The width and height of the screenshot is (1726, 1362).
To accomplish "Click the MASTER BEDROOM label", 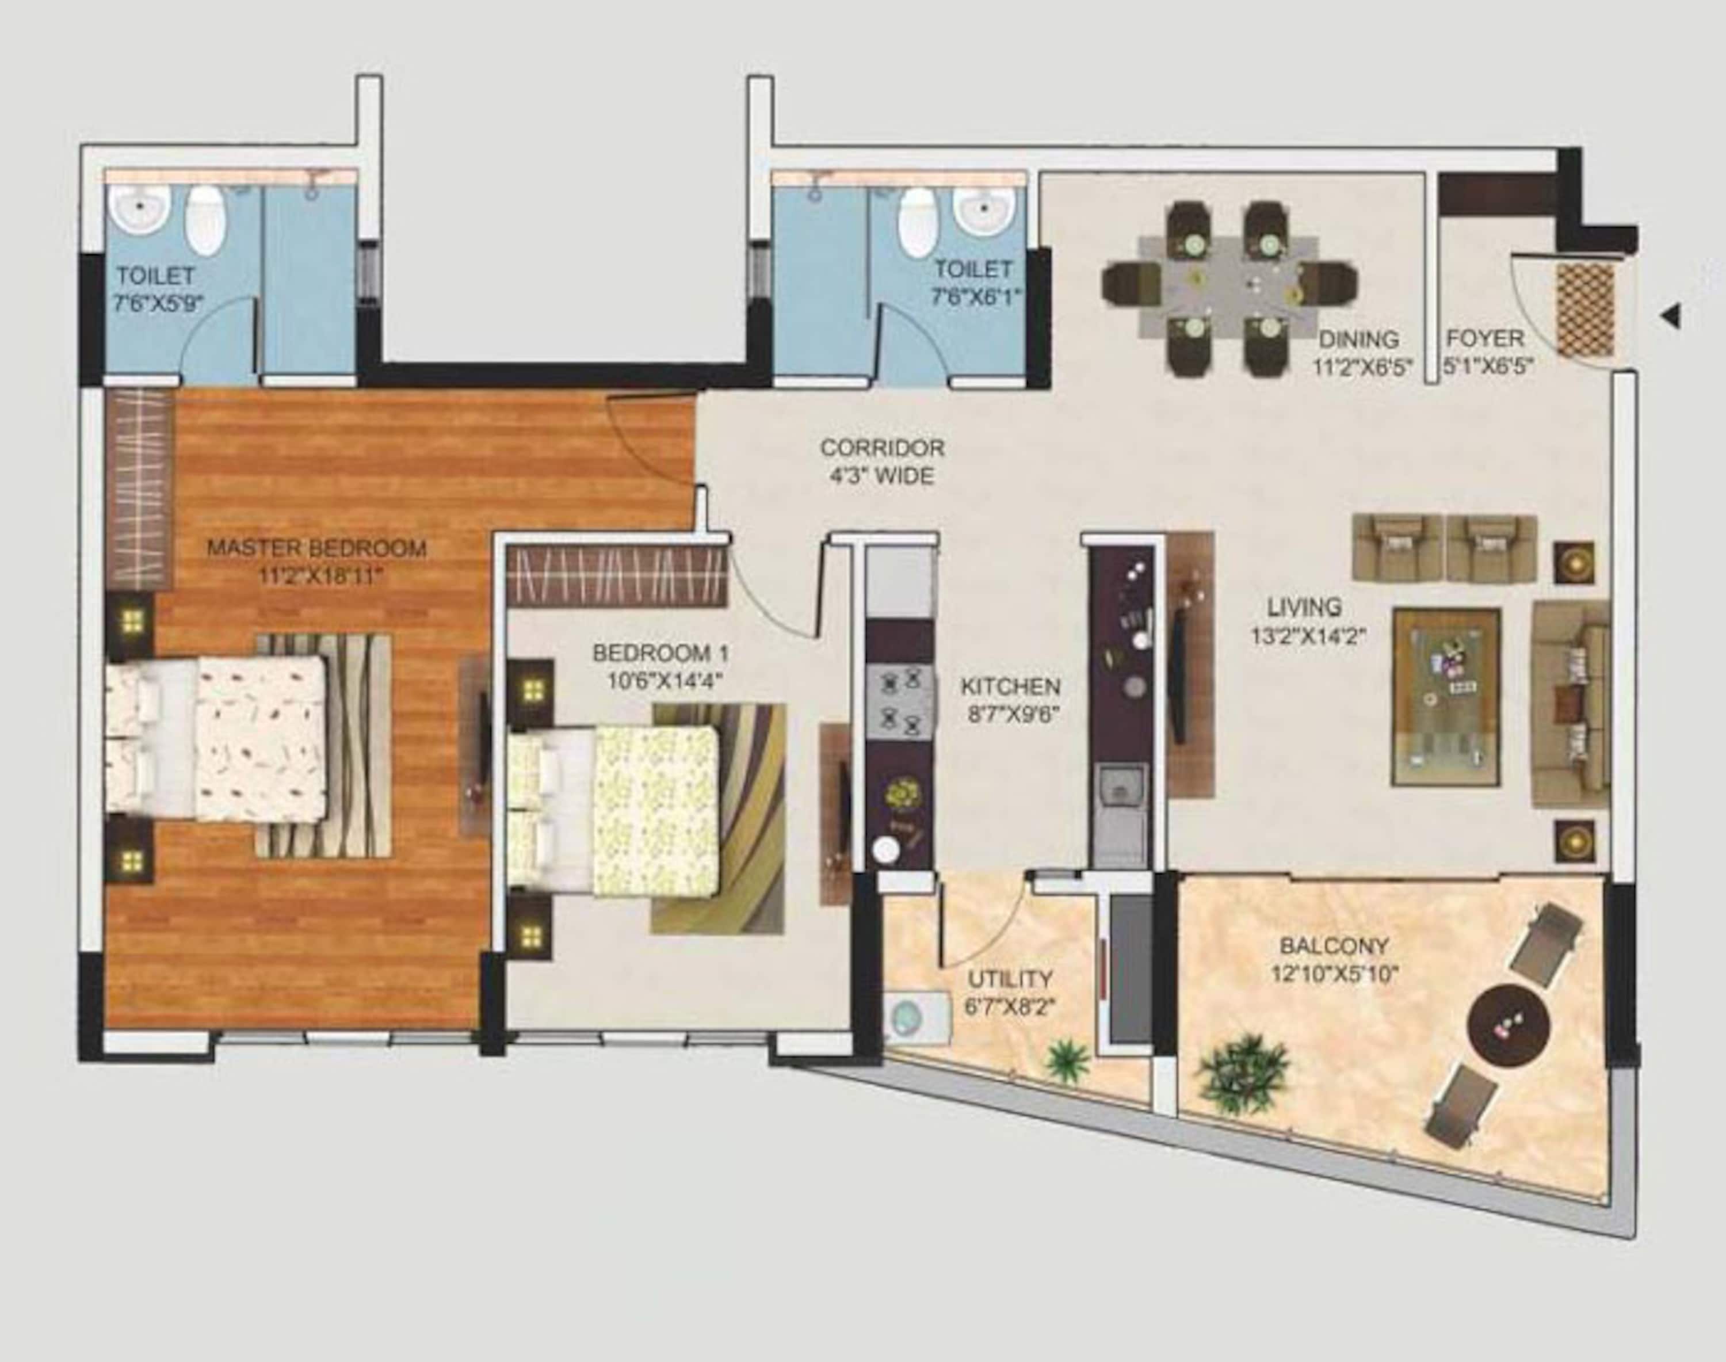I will [316, 548].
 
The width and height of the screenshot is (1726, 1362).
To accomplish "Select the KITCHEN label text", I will [1010, 686].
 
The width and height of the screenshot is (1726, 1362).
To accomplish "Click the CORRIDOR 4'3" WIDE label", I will [882, 461].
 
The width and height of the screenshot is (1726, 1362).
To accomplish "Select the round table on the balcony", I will [1509, 1024].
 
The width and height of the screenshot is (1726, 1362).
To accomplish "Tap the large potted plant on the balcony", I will [1244, 1072].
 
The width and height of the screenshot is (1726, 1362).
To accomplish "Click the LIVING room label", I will [1304, 608].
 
